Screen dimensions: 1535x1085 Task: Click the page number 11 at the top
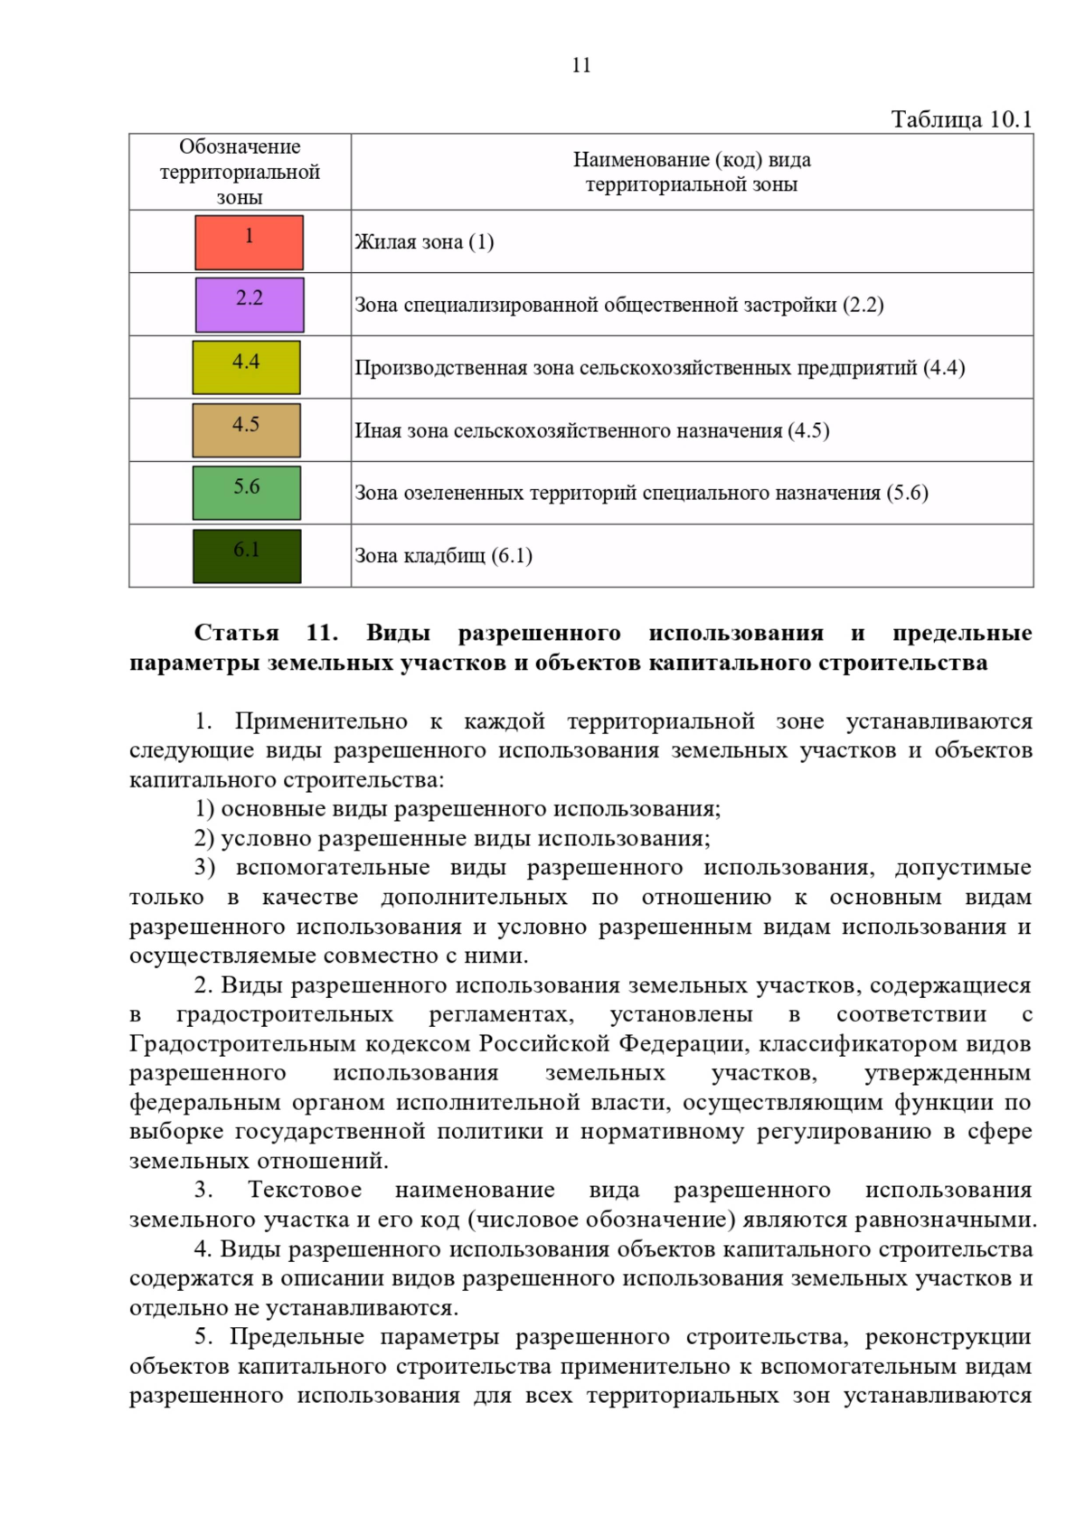pyautogui.click(x=581, y=65)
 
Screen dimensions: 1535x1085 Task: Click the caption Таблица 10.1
pyautogui.click(x=961, y=119)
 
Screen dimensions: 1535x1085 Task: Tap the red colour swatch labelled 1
pyautogui.click(x=249, y=242)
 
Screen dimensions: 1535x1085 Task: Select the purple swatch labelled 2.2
pyautogui.click(x=250, y=305)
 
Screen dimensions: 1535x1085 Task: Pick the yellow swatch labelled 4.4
pyautogui.click(x=246, y=367)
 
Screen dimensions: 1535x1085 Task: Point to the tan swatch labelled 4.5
pyautogui.click(x=246, y=430)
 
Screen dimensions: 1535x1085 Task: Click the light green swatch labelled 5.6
pyautogui.click(x=247, y=493)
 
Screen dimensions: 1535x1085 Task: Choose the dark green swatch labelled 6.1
pyautogui.click(x=247, y=556)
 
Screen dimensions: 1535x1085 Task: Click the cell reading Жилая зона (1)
pyautogui.click(x=424, y=242)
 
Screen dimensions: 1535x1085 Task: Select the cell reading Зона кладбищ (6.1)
pyautogui.click(x=443, y=556)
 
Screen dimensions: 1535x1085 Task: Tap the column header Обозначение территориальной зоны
pyautogui.click(x=240, y=172)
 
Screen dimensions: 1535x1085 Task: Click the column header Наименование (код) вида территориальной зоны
pyautogui.click(x=692, y=172)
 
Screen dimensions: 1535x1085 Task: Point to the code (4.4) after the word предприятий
pyautogui.click(x=944, y=368)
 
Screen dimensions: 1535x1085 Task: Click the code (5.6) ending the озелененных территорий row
pyautogui.click(x=907, y=493)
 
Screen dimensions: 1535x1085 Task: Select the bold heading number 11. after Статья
pyautogui.click(x=322, y=633)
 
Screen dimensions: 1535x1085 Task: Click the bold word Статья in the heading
pyautogui.click(x=237, y=633)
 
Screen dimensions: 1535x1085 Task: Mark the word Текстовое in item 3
pyautogui.click(x=305, y=1191)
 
